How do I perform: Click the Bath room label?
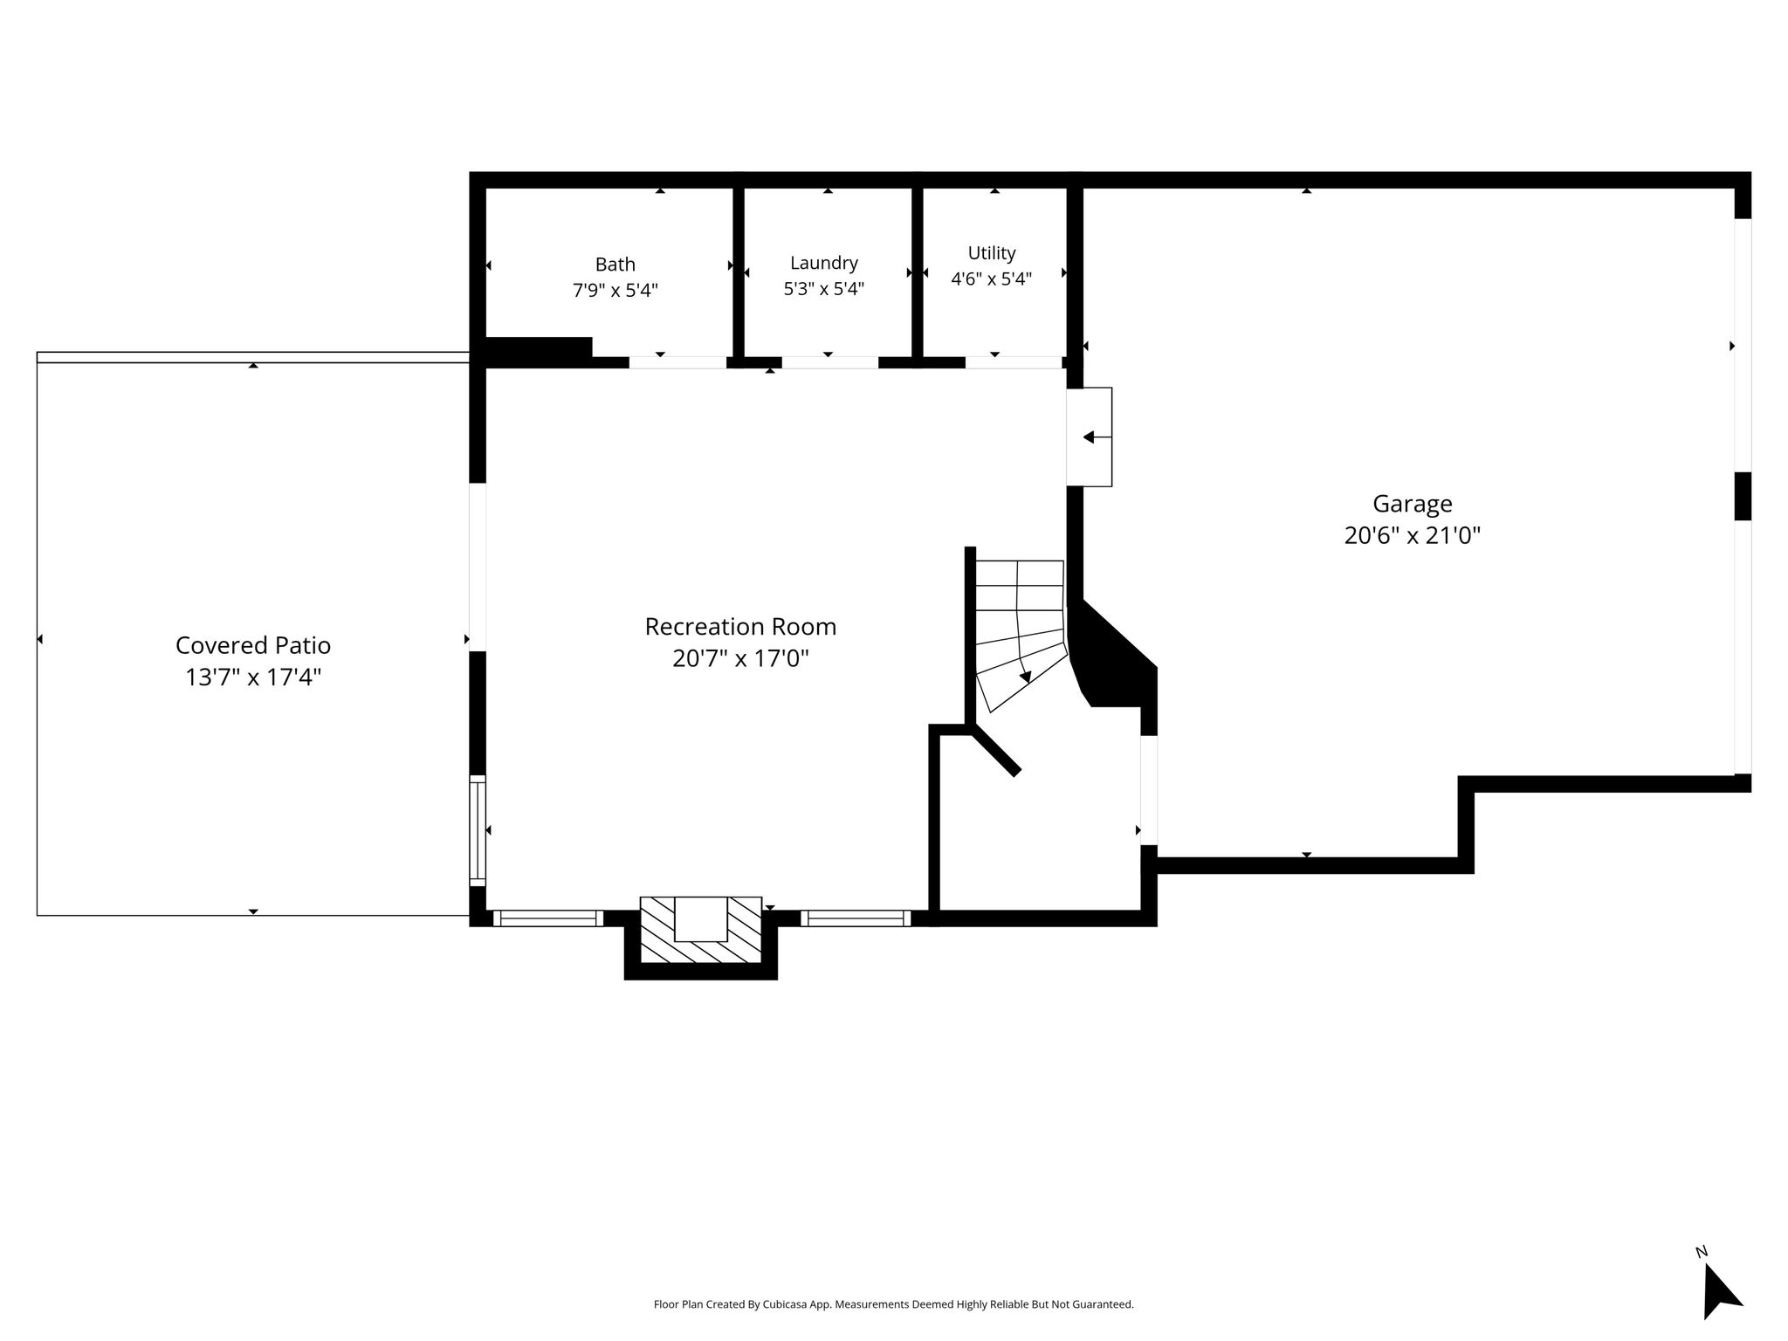615,264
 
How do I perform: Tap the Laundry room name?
824,263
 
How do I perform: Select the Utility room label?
992,253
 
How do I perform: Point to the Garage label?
1413,504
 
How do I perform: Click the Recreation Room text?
740,626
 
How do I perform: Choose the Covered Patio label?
253,645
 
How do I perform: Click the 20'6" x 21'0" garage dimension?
1413,535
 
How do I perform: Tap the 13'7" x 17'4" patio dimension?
253,677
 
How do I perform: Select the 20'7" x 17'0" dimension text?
740,658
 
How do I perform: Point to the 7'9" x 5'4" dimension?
615,290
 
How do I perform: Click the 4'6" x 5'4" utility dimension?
992,279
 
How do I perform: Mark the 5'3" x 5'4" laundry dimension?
824,288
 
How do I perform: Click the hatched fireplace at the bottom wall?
701,931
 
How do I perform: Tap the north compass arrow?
1720,1295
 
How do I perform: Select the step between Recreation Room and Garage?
1090,437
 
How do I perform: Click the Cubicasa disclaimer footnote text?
894,1304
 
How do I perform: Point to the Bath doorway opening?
677,362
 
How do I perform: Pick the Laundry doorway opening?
829,362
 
